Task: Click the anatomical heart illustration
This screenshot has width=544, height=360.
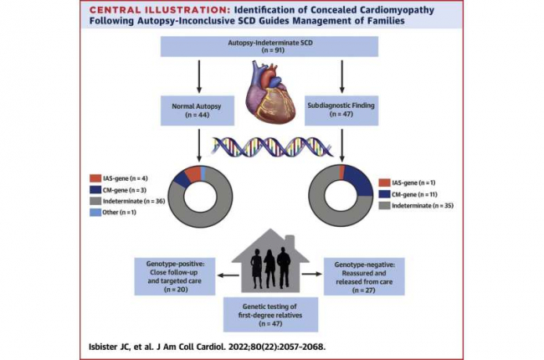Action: click(270, 95)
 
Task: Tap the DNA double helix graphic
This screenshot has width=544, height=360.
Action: click(270, 143)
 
